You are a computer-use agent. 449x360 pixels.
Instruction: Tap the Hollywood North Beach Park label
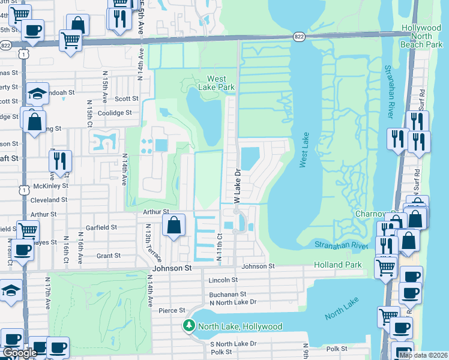[426, 37]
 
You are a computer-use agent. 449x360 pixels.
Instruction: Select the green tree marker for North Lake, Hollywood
[189, 326]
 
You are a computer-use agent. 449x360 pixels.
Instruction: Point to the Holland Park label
[337, 265]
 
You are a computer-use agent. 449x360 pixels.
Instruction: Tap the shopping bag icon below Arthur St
[173, 226]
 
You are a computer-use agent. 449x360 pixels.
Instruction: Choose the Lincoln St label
[223, 280]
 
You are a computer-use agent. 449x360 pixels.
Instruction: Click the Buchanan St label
[228, 295]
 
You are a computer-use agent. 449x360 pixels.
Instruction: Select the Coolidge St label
[115, 113]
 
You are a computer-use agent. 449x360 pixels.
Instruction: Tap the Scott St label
[127, 99]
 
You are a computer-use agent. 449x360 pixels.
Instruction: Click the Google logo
[20, 352]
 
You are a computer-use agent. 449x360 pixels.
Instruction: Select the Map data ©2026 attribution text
[423, 355]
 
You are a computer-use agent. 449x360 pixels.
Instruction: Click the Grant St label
[109, 256]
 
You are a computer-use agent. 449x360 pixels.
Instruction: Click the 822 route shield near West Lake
[299, 37]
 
